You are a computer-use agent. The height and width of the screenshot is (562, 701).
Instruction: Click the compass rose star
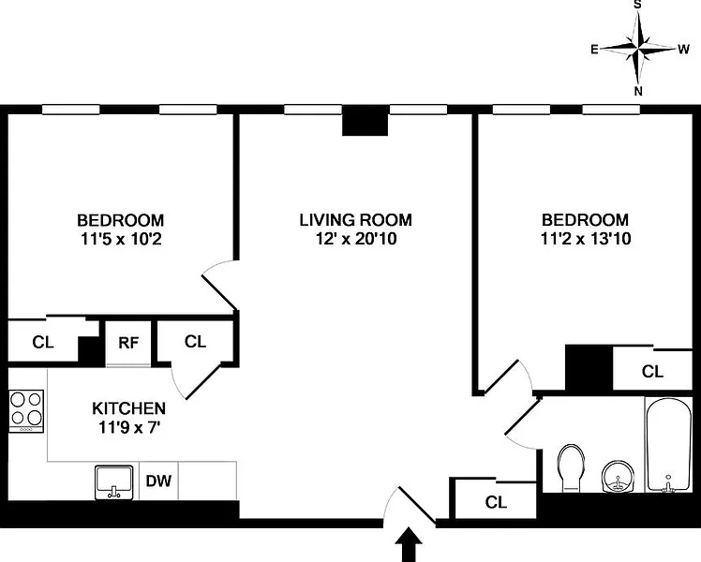638,48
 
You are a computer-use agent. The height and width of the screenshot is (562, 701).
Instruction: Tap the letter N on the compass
638,91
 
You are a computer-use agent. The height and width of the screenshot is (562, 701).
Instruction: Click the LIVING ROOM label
355,220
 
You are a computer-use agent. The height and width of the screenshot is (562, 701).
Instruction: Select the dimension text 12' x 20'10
356,239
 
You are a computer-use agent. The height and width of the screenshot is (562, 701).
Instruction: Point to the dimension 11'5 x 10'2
121,240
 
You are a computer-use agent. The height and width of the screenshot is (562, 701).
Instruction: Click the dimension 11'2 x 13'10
586,239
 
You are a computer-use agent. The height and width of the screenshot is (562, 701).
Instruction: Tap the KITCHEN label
128,408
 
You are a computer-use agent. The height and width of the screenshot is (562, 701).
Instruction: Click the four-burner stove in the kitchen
26,411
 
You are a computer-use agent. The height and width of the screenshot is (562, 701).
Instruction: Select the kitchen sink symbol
114,482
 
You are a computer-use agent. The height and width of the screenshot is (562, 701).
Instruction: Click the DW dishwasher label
158,481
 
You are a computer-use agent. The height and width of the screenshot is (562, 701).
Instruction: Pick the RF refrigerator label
128,343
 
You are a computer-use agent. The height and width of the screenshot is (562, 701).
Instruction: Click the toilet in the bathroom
571,467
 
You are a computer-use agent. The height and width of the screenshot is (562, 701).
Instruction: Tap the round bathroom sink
618,477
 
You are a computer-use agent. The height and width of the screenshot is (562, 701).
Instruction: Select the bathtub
668,445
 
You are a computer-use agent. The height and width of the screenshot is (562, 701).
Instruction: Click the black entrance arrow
409,544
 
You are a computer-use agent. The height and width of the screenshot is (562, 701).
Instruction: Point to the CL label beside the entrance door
496,502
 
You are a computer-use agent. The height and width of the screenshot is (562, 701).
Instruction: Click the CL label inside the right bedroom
652,371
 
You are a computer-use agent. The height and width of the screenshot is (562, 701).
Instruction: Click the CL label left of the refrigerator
43,342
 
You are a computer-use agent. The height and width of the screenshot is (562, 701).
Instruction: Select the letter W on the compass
683,49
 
